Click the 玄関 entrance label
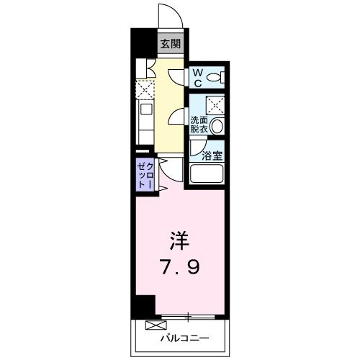[x=170, y=44]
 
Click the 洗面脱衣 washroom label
[x=199, y=125]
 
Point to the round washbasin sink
[x=217, y=127]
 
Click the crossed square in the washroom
[x=215, y=103]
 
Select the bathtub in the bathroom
[x=208, y=175]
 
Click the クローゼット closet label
[x=145, y=176]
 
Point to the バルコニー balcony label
[x=180, y=337]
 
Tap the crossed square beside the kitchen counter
[x=143, y=89]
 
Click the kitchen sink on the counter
[x=143, y=112]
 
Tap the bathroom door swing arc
[x=197, y=148]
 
